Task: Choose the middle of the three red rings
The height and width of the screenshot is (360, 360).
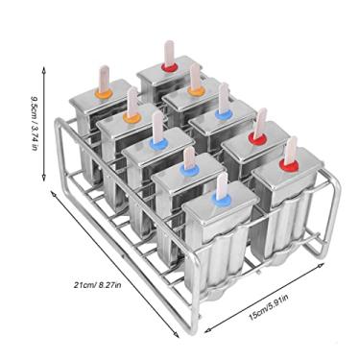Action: click(256, 137)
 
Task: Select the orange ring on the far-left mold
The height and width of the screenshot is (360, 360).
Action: click(106, 94)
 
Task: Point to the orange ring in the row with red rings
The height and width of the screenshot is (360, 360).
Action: click(197, 89)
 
